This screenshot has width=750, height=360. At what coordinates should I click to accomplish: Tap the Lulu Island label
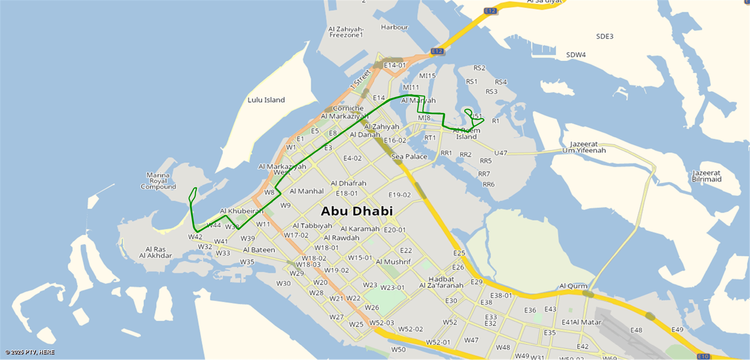point(266,100)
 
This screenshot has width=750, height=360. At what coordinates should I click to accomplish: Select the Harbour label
point(394,27)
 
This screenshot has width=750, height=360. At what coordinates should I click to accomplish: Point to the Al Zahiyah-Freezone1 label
point(346,32)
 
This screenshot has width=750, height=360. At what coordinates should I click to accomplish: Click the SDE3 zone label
point(605,36)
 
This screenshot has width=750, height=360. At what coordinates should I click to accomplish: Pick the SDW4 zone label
point(576,55)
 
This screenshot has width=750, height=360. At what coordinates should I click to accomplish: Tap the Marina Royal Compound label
point(158,181)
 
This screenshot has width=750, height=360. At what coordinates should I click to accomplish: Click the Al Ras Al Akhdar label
point(155,252)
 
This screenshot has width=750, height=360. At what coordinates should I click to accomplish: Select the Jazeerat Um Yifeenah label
point(584,147)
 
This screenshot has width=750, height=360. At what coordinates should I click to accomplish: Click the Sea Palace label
point(409,157)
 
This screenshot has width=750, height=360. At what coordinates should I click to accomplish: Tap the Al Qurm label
point(573,286)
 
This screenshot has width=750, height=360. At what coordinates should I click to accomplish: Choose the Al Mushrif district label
point(393,262)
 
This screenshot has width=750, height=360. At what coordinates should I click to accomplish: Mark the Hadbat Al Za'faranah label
point(441,282)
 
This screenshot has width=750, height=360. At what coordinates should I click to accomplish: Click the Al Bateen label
point(259,250)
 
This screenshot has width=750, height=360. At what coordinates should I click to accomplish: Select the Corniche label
point(348,108)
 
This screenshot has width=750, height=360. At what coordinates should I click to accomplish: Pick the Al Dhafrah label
point(348,183)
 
